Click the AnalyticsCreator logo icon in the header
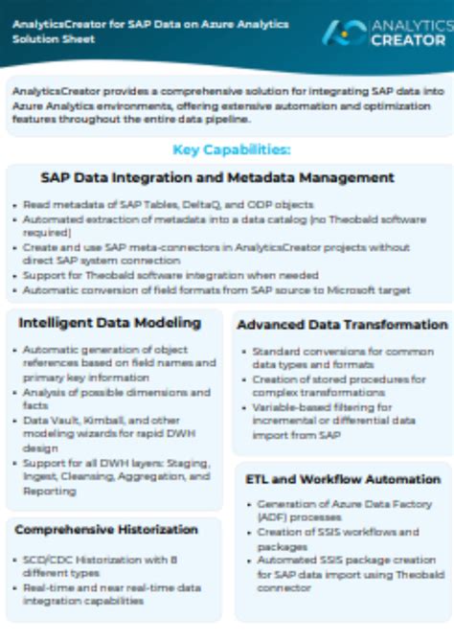pos(343,33)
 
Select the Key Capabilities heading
pos(232,149)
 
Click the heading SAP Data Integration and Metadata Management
pos(217,177)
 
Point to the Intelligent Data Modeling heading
pos(109,323)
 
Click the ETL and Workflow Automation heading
pos(343,479)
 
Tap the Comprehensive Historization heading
pos(106,529)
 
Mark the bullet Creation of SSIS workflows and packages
pos(336,539)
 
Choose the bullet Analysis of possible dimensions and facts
pos(116,399)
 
